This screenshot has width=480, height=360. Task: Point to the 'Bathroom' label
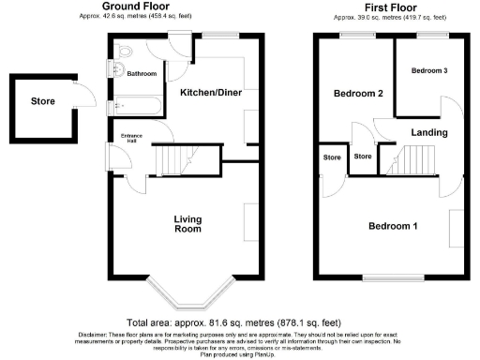pos(142,73)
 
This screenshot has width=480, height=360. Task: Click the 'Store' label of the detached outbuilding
pos(42,101)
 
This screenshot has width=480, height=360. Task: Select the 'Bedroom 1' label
pos(393,226)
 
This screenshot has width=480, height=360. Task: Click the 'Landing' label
pos(428,132)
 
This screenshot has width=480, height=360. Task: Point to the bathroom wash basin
pos(115,70)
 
